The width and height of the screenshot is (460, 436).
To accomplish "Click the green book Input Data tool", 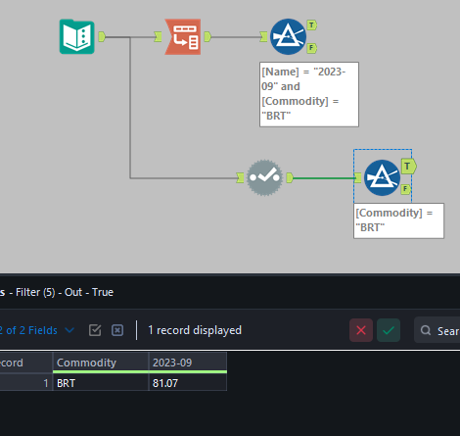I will (x=76, y=37).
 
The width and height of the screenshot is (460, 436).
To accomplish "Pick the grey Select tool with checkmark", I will (x=264, y=177).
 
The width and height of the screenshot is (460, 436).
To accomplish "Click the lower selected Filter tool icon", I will (x=382, y=178).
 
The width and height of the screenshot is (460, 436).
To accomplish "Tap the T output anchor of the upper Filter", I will (x=311, y=24).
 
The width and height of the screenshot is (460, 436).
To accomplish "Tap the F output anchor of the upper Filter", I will (x=311, y=47).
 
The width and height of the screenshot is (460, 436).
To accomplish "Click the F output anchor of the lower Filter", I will (x=406, y=189).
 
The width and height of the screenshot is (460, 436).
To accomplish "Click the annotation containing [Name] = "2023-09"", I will (x=309, y=92).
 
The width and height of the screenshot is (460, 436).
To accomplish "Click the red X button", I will (x=362, y=330).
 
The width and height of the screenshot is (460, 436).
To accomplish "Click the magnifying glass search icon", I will (x=426, y=330).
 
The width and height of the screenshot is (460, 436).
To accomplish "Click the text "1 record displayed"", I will (x=195, y=330).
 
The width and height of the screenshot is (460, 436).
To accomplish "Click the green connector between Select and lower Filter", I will (x=323, y=177).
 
